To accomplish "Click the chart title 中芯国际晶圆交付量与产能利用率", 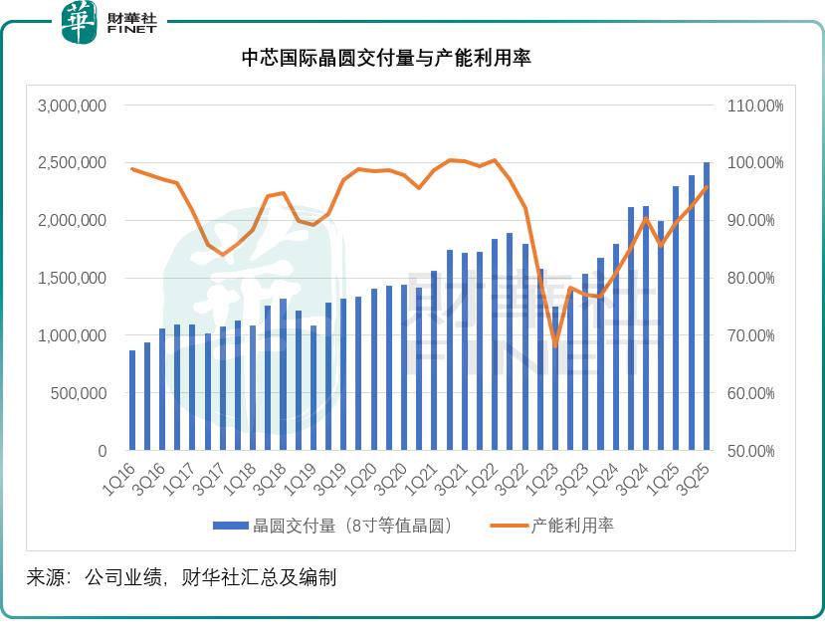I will (386, 59).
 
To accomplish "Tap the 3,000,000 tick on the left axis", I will (72, 106).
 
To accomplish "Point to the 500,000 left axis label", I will (79, 393).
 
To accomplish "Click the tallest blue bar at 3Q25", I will (707, 307).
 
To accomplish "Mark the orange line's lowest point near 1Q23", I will (555, 346).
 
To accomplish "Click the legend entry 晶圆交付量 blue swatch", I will (231, 526).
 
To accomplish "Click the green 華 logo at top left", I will (79, 22).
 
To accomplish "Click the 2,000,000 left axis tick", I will (72, 221).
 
